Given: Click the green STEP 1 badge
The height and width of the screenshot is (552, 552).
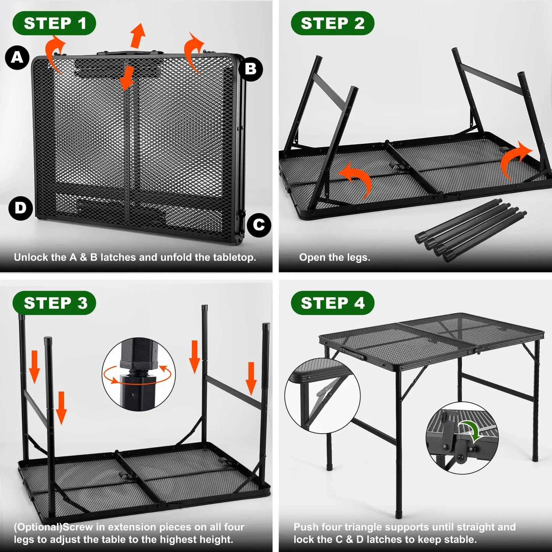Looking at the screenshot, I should tap(54, 23).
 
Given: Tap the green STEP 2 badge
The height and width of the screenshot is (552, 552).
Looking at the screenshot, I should tap(332, 23).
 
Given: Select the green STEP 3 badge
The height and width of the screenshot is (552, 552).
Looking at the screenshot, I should tap(54, 303).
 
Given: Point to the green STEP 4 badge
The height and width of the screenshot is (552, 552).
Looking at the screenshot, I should tap(332, 303).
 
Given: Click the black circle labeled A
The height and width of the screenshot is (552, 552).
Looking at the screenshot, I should tap(17, 58).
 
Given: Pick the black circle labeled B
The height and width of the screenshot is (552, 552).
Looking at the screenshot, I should tap(251, 69).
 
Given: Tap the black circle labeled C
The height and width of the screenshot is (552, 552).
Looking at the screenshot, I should tap(259, 225).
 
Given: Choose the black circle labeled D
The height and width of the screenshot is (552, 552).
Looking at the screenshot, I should tap(20, 208).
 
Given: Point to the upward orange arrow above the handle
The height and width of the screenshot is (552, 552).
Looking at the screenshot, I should tap(138, 35).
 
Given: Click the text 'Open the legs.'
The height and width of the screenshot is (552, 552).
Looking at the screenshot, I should tap(335, 257).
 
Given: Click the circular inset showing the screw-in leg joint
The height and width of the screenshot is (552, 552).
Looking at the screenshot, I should tap(139, 374).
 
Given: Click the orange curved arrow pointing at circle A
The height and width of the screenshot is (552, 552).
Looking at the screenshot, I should tap(54, 52).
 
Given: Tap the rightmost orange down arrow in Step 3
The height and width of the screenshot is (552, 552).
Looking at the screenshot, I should tap(251, 378).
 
